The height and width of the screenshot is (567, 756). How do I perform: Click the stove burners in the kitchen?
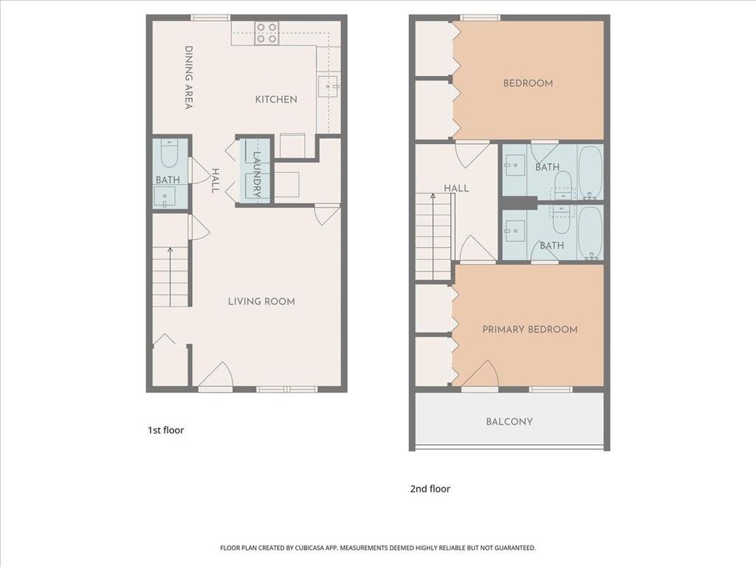(x=267, y=33)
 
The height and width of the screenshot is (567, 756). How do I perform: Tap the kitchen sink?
(x=329, y=86)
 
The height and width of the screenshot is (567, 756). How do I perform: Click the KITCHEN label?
(x=276, y=100)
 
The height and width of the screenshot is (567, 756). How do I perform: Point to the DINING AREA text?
(x=189, y=78)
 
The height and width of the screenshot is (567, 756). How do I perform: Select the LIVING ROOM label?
(x=261, y=301)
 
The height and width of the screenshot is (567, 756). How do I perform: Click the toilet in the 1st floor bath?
(x=169, y=154)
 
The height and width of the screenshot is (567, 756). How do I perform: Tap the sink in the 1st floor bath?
(x=165, y=196)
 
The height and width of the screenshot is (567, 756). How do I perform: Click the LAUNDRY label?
(x=256, y=175)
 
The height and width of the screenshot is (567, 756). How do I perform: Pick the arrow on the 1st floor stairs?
(x=171, y=277)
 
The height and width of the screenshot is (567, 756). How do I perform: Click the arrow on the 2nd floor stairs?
(x=433, y=236)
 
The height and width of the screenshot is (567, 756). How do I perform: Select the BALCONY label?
(x=509, y=422)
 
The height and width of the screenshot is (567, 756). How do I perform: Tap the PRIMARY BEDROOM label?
(x=530, y=329)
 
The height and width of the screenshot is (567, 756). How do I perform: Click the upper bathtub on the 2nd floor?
(x=590, y=173)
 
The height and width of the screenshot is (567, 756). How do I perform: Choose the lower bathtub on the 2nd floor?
(x=590, y=233)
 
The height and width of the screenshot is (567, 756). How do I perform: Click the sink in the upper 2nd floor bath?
(x=515, y=165)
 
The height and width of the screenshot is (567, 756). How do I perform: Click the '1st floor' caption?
(x=166, y=430)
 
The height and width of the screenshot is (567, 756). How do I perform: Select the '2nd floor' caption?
(x=430, y=489)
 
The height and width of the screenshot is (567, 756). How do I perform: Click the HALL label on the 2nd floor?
(x=456, y=188)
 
